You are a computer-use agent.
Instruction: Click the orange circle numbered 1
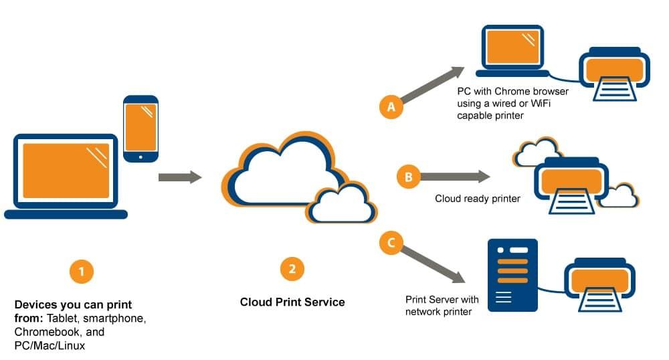pos(81,272)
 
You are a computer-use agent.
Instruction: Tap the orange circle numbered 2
pos(292,269)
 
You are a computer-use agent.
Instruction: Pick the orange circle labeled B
pos(408,177)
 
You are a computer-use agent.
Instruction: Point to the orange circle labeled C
pos(391,243)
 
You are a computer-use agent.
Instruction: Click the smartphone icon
pos(140,129)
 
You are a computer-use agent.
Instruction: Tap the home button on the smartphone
pos(140,157)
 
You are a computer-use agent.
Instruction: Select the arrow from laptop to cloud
pos(180,177)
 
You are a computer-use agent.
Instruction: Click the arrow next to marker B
pos(455,177)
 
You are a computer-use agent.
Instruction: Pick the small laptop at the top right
pos(512,51)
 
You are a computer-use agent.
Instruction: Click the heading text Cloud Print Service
pos(292,302)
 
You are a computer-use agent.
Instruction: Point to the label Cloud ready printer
pos(478,199)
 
